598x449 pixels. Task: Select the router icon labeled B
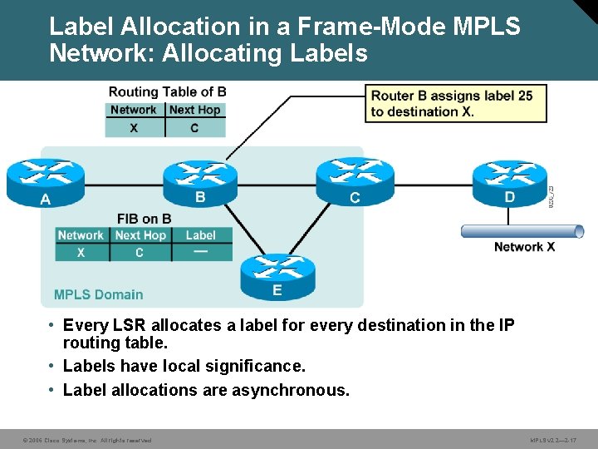click(x=200, y=181)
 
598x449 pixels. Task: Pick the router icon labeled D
click(x=509, y=181)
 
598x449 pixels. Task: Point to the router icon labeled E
click(x=277, y=275)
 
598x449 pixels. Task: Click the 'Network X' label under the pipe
click(x=524, y=246)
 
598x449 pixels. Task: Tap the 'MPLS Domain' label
click(x=98, y=294)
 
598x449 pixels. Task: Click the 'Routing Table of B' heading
click(x=167, y=91)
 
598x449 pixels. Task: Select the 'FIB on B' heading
click(x=144, y=219)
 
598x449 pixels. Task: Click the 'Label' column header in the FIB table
click(x=201, y=235)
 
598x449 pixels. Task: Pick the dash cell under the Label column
click(x=201, y=252)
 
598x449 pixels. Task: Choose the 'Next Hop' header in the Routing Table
click(x=194, y=110)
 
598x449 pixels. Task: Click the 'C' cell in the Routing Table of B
click(x=194, y=128)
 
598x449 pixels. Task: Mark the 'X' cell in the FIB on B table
click(x=81, y=253)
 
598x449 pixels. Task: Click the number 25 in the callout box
click(x=524, y=96)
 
